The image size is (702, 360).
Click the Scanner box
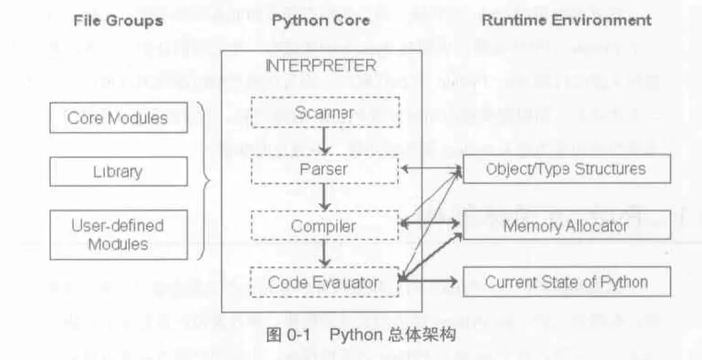[x=325, y=113]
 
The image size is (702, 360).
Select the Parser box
[x=325, y=169]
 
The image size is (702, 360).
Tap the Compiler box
[x=325, y=226]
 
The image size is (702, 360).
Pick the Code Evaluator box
[x=325, y=282]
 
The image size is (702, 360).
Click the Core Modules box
[x=118, y=118]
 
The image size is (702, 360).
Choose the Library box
[x=118, y=171]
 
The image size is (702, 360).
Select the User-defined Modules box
[x=118, y=235]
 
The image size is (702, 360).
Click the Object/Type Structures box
[x=567, y=169]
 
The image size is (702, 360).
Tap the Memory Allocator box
[x=567, y=225]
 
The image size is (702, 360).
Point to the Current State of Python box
[x=567, y=282]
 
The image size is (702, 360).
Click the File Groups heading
[x=118, y=21]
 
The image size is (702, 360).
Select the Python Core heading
[x=321, y=21]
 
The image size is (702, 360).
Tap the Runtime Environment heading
[x=567, y=20]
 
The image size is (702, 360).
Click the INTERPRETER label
[x=321, y=66]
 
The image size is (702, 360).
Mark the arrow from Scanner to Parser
[x=325, y=140]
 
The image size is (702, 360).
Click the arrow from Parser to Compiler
[x=325, y=197]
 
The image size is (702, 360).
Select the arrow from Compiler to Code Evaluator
[x=325, y=253]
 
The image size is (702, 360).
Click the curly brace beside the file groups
[x=204, y=182]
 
